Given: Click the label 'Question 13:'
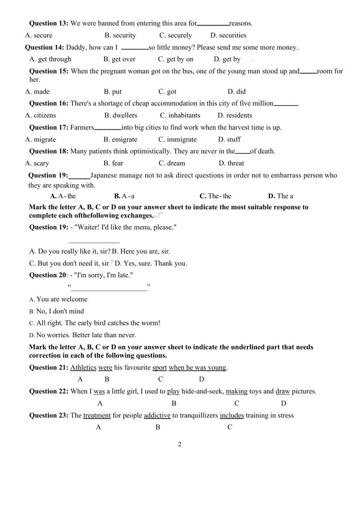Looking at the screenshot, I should point(49,23).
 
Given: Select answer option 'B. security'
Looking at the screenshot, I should point(120,35).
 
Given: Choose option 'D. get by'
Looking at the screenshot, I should point(227,59).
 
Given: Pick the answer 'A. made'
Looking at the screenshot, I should point(37,91).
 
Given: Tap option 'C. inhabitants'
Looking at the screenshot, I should point(180,115).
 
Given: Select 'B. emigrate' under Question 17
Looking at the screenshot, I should point(120,139).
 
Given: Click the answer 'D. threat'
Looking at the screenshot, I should point(231,163).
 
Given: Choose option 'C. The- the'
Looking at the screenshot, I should point(215,196).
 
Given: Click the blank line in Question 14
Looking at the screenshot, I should point(135,49).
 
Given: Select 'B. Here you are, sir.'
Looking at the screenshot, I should point(141,251).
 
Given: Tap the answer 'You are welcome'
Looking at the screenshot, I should point(62,299).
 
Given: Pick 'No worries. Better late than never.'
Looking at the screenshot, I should point(86,335).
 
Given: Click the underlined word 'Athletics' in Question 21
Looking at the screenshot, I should point(83,368).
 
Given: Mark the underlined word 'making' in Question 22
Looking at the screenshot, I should point(237,392).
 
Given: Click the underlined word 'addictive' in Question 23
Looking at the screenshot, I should point(157,416).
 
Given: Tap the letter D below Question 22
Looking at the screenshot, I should point(283,403).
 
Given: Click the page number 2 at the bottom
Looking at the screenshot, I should point(180,444).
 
